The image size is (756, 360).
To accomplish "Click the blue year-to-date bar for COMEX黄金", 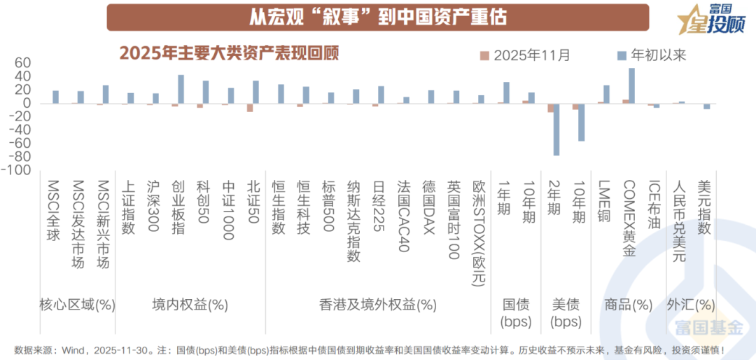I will pos(631,85).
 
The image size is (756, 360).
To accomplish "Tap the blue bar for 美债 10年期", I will pos(581,122).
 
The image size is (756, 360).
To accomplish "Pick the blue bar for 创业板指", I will pos(181,89).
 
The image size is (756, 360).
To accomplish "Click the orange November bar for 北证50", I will pos(250,107).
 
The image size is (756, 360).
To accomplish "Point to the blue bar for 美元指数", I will pos(707,106).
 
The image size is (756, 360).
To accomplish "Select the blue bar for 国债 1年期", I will pos(506,92).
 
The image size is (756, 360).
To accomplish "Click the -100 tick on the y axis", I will pos(18,170).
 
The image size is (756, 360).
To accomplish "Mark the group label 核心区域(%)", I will pos(77,305).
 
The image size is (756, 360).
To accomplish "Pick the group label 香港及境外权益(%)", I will pos(378,305).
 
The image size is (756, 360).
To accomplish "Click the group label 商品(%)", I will pos(628,305).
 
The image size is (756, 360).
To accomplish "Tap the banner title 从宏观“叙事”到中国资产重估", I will pos(378,16).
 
